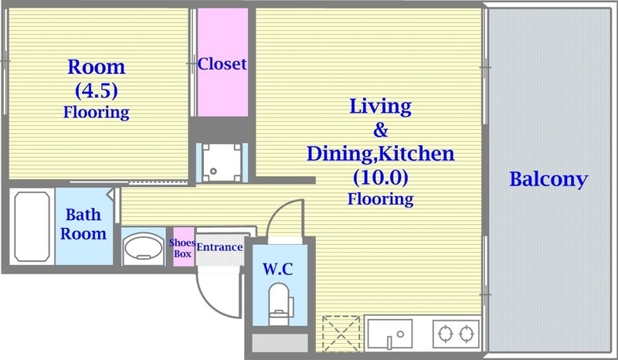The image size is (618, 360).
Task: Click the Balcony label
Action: tap(548, 180)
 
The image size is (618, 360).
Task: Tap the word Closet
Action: tap(222, 64)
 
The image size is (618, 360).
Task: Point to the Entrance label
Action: tap(219, 247)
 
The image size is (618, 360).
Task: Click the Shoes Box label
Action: tap(182, 248)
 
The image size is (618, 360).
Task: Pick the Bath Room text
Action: tap(84, 224)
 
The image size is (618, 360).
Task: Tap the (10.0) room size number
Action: tap(380, 177)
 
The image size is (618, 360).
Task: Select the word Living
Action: tap(380, 106)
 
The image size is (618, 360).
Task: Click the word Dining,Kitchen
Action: tap(380, 153)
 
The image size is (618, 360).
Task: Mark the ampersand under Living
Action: tap(380, 129)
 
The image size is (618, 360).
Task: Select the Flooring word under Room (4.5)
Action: tap(96, 112)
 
